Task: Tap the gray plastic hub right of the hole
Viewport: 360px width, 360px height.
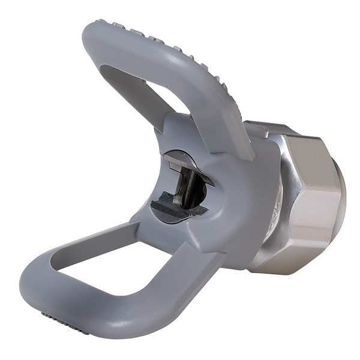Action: coord(240,198)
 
